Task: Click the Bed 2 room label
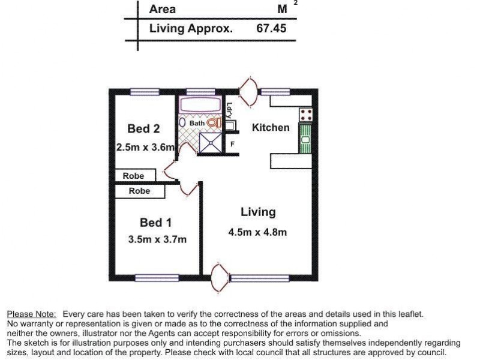pos(143,128)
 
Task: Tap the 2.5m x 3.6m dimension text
pos(145,147)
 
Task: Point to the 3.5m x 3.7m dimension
pos(157,239)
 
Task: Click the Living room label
pos(258,212)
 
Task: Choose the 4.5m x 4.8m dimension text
pos(257,232)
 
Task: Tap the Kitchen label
pos(270,127)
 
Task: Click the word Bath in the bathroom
pos(197,123)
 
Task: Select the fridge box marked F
pos(232,145)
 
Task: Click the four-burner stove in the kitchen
pos(306,114)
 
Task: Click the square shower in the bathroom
pos(210,142)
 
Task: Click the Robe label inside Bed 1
pos(139,191)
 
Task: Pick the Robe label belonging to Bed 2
pos(133,176)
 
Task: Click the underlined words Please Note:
pos(31,314)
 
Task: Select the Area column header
pos(163,9)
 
